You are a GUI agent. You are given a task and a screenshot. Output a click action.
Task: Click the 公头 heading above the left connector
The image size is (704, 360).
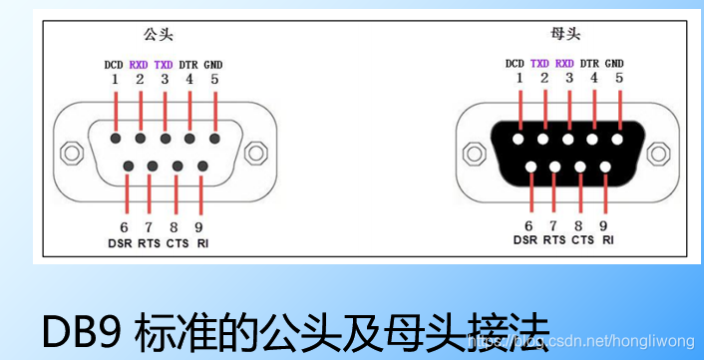tap(158, 35)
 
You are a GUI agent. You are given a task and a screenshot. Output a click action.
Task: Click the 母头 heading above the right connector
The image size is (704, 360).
tap(565, 35)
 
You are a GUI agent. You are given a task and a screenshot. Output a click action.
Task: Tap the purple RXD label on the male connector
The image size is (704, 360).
tap(140, 65)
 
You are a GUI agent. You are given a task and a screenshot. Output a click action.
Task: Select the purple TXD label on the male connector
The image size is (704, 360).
tap(165, 65)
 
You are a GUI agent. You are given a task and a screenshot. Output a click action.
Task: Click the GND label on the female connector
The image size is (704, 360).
tap(615, 64)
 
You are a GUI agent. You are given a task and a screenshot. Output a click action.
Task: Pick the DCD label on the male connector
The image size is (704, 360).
tap(115, 65)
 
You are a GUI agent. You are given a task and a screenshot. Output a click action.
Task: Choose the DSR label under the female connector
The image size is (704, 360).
tap(526, 240)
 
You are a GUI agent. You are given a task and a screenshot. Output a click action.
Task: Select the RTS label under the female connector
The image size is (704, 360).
tap(555, 240)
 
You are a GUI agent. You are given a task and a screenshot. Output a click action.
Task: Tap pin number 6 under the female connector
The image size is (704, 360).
tap(529, 225)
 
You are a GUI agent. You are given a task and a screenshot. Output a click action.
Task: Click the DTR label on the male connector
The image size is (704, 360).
tap(189, 65)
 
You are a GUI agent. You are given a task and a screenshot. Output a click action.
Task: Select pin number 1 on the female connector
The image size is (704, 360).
tap(519, 78)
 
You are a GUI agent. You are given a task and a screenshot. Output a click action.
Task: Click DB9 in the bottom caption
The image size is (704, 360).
tap(75, 329)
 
